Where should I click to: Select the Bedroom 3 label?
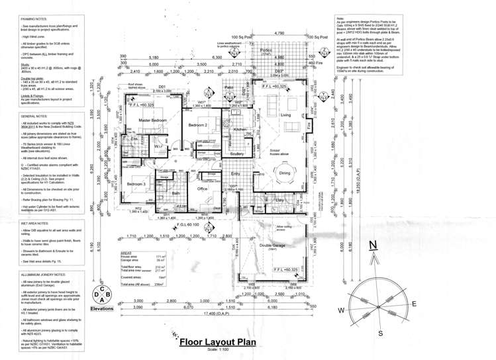click(x=136, y=183)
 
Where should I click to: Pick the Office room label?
click(x=203, y=189)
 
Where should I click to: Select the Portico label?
click(x=267, y=50)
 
